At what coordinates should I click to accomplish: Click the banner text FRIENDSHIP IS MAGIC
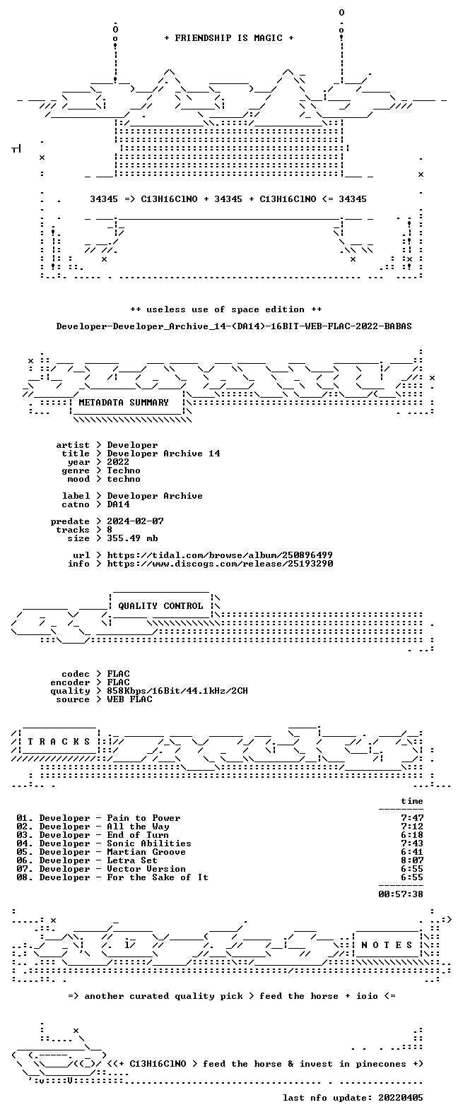[228, 38]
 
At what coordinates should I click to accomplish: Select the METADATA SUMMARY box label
[124, 402]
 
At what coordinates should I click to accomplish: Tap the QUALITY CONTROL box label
[160, 606]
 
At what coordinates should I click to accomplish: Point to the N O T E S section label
[387, 945]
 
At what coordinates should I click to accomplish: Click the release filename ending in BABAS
[234, 326]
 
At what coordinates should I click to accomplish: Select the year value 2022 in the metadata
[118, 462]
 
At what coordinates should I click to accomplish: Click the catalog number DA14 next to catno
[118, 504]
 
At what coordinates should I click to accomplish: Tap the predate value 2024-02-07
[135, 521]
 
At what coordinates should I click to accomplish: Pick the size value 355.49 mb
[132, 538]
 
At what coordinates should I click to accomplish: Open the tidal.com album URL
[220, 555]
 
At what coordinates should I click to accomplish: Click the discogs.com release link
[220, 564]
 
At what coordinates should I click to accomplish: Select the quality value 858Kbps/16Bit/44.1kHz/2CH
[177, 691]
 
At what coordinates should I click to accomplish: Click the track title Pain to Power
[143, 818]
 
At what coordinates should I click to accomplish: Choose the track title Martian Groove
[146, 852]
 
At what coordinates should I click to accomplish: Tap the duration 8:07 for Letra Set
[412, 860]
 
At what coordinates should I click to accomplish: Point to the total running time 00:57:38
[401, 894]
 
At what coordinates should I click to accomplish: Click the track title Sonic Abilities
[149, 843]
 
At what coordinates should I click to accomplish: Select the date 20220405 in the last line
[401, 1098]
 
